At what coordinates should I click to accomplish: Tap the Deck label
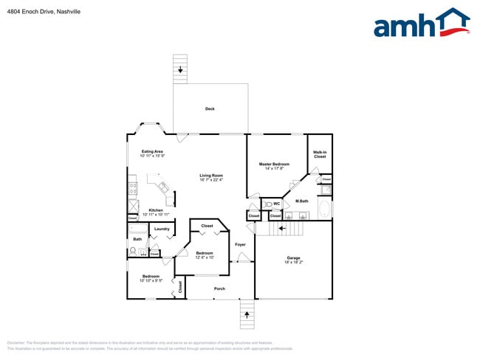[x=210, y=109]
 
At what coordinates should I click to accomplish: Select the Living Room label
[x=211, y=175]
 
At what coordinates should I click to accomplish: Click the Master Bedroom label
[x=274, y=163]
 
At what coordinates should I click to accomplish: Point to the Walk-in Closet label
[x=320, y=154]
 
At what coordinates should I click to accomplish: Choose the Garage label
[x=293, y=257]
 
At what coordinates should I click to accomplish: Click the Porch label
[x=219, y=288]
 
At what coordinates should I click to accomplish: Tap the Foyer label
[x=240, y=244]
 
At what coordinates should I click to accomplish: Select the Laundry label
[x=162, y=229]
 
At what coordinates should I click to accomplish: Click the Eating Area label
[x=152, y=151]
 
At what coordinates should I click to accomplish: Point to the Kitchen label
[x=156, y=210]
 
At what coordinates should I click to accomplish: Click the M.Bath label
[x=301, y=201]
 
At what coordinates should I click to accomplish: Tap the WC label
[x=276, y=204]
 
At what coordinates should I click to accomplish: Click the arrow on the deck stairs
[x=180, y=69]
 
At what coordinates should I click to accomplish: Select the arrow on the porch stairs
[x=247, y=315]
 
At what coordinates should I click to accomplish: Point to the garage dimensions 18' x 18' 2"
[x=293, y=263]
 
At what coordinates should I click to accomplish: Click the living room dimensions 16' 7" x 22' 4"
[x=211, y=180]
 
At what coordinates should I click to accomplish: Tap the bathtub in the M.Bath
[x=324, y=207]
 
